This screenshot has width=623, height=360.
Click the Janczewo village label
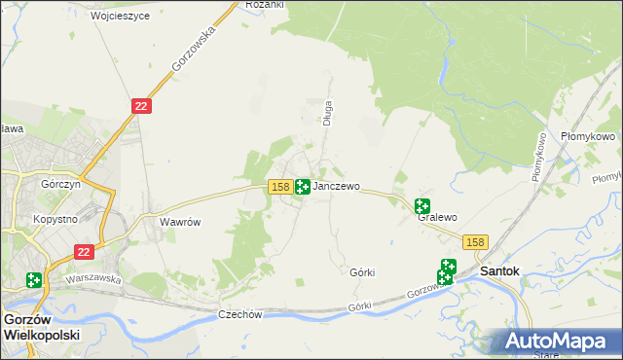[x=337, y=186]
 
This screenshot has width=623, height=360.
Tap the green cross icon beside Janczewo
[x=303, y=186]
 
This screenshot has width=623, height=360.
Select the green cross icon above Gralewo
[x=421, y=205]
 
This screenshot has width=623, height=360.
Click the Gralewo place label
[x=437, y=218]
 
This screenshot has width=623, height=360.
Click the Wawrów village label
[x=180, y=222]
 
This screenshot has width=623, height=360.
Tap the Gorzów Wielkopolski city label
[x=41, y=326]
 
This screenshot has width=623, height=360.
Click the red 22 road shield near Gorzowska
[x=141, y=105]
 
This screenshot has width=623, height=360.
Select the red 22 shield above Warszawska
[x=85, y=251]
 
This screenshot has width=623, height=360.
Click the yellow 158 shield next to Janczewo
[x=279, y=186]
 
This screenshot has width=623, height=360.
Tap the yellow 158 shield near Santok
[x=475, y=242]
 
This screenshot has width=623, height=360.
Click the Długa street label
[x=328, y=114]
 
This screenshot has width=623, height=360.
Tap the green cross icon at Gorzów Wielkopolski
[x=34, y=280]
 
